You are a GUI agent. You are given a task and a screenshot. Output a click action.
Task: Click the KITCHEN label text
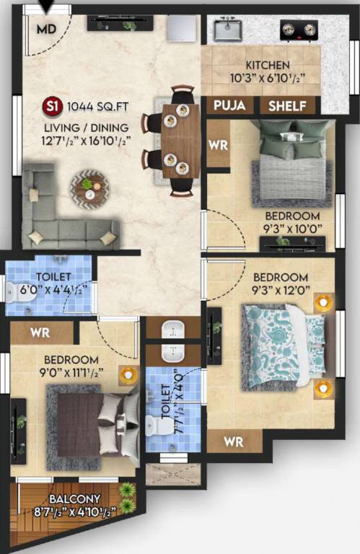point(268,65)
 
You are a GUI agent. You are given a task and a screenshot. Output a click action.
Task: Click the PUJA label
point(229,106)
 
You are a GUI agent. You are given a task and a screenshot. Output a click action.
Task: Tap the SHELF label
point(287,106)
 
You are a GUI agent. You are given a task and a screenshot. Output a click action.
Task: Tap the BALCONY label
point(74,499)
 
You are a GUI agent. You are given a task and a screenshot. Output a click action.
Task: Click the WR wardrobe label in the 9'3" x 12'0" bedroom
point(233,440)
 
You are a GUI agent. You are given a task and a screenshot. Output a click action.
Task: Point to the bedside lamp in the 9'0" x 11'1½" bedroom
point(128,375)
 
